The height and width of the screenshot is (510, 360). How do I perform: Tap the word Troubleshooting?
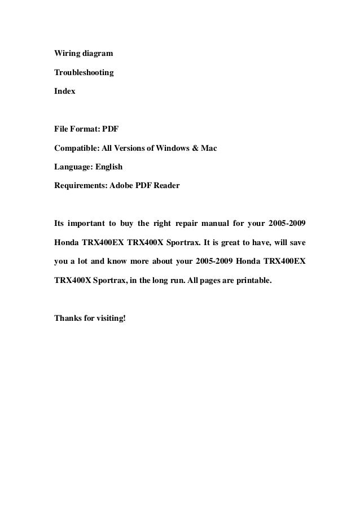(x=84, y=72)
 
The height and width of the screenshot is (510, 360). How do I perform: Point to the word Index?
(x=64, y=90)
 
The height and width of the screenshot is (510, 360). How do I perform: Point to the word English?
(x=108, y=167)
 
